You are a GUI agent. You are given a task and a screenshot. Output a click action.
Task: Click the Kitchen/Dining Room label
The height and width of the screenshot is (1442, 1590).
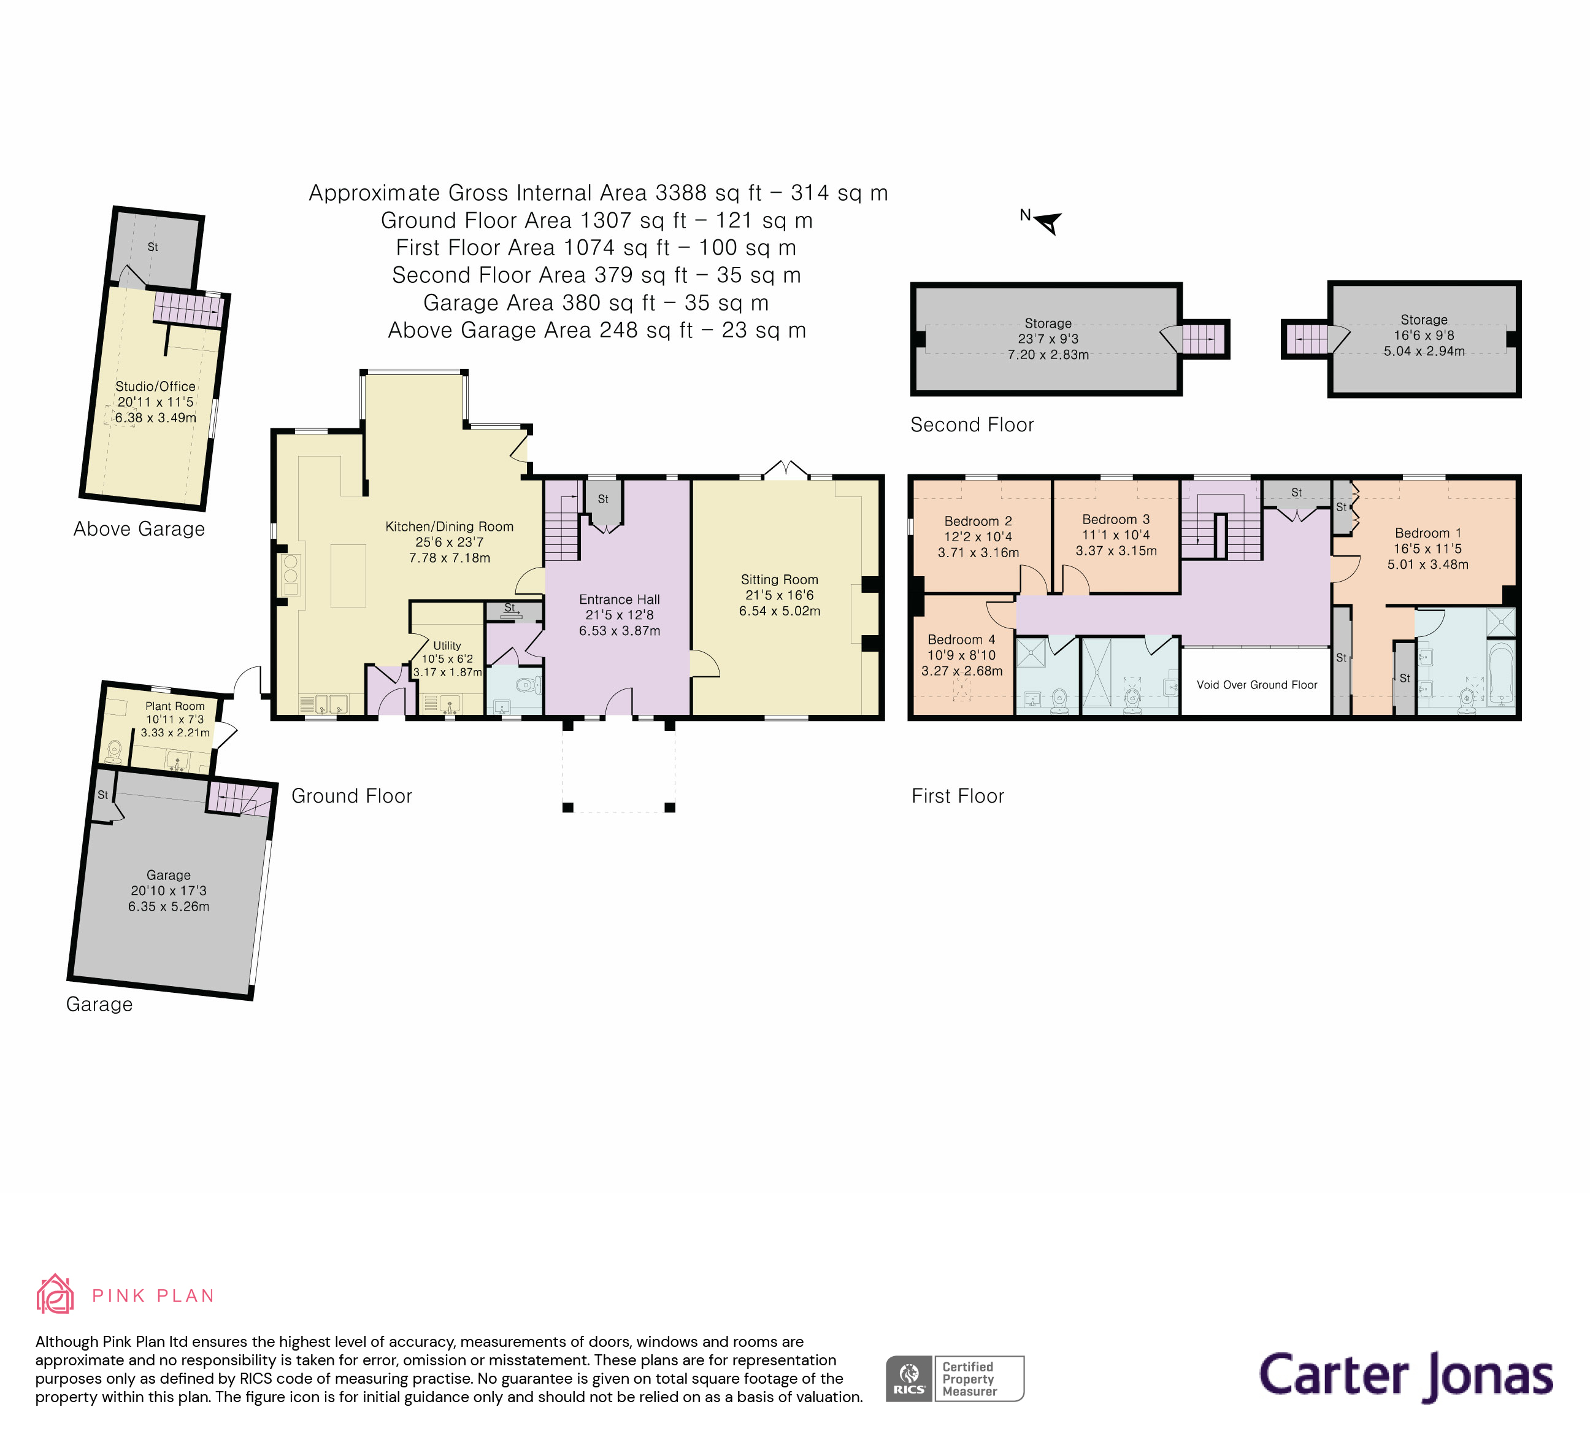coord(449,526)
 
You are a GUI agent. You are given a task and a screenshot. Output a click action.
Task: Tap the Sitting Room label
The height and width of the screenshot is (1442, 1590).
coord(779,579)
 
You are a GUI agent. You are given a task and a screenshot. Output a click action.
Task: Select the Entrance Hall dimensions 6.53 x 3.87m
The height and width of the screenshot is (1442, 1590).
coord(619,630)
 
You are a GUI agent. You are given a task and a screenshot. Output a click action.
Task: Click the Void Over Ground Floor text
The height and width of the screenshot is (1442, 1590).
coord(1256,685)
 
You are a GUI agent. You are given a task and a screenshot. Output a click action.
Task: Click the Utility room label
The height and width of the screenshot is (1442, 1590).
coord(447,646)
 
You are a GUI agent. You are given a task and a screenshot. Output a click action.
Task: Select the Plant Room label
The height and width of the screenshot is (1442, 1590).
coord(174,706)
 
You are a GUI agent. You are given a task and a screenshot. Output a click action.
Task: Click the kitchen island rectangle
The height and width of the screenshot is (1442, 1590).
coord(348,575)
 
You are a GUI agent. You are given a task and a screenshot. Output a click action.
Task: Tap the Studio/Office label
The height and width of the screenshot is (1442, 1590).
coord(155,387)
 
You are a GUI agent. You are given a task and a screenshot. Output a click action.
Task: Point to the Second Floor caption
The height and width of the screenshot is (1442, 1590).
coord(972,425)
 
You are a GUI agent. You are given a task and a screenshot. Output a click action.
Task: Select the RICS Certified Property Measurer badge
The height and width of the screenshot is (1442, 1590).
coord(954,1378)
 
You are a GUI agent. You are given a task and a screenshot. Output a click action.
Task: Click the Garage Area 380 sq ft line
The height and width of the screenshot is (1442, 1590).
coord(596,303)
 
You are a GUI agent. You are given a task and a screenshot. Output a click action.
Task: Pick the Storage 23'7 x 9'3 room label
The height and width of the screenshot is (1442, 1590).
coord(1047,323)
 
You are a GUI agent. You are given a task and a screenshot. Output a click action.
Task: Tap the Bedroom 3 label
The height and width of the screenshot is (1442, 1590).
coord(1115,519)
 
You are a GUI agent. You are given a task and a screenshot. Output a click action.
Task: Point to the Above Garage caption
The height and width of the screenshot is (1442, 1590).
coord(139,528)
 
